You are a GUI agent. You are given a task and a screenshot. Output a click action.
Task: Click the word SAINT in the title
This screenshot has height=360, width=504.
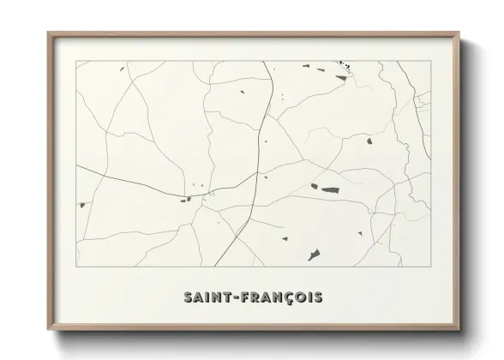[206, 297]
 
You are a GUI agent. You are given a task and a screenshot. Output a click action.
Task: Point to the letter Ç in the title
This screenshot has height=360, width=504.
[286, 297]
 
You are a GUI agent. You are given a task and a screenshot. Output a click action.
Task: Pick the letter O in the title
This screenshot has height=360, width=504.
[298, 297]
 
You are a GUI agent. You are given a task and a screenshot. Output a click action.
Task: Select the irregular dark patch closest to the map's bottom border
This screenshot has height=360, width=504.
[315, 255]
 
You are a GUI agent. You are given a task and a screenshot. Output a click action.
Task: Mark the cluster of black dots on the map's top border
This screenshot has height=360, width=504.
[345, 63]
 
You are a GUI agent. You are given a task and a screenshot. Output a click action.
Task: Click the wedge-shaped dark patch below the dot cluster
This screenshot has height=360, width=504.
[341, 80]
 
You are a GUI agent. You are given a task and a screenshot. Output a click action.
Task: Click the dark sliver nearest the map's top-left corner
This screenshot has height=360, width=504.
[122, 69]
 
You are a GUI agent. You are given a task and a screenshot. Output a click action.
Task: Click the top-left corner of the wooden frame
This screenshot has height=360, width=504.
[49, 33]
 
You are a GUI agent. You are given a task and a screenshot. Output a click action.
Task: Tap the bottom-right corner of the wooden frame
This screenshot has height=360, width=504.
[459, 329]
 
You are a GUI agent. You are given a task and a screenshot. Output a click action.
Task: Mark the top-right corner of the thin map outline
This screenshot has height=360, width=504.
[429, 61]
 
